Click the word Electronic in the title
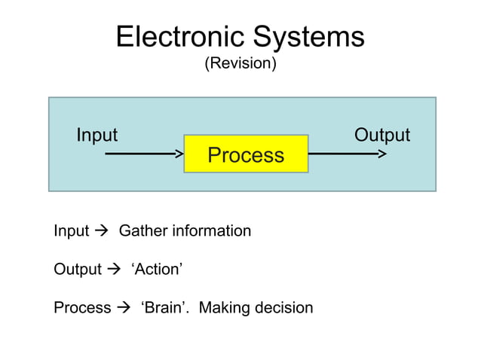179,37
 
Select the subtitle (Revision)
240,64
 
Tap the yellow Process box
246,154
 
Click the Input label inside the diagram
97,135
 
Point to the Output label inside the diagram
381,135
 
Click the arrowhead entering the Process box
179,154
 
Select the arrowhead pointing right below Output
382,154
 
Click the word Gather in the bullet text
143,231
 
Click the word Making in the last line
225,308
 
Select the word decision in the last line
284,308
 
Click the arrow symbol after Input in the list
102,231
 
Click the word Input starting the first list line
71,231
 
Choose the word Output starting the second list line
77,270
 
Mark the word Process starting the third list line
82,308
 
